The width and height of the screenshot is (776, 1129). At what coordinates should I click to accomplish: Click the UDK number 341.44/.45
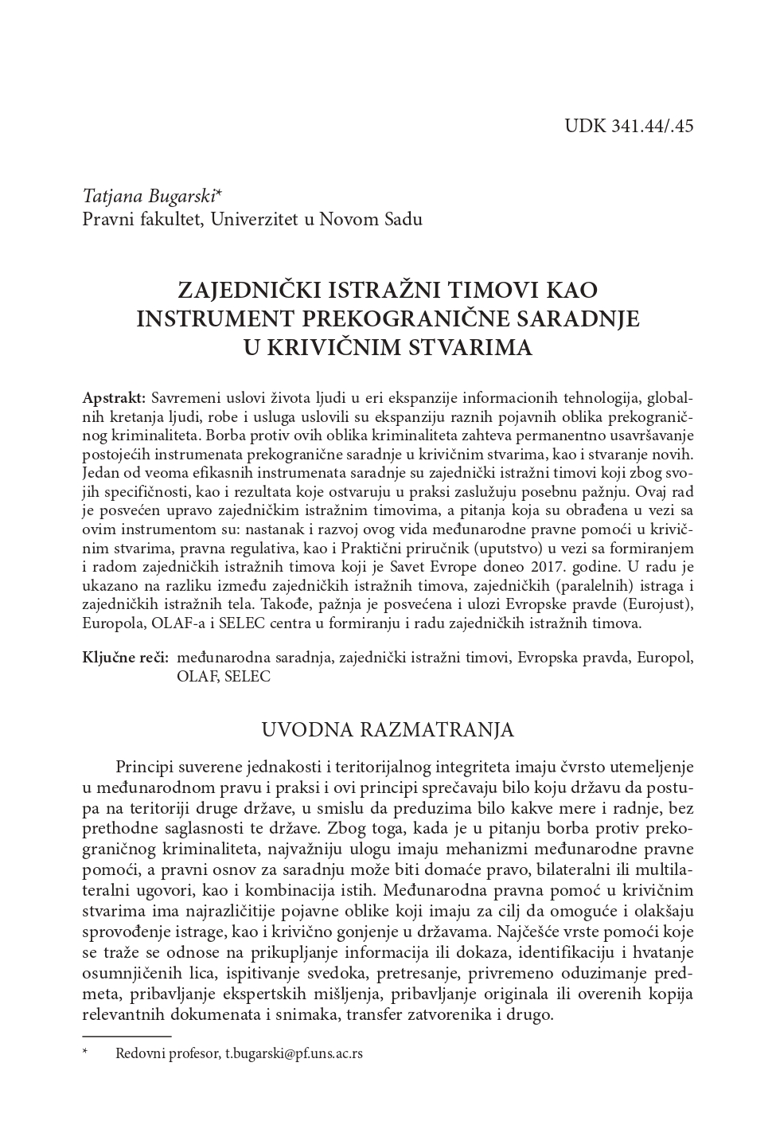pos(652,126)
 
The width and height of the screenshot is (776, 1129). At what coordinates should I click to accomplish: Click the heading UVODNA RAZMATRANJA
pos(388,729)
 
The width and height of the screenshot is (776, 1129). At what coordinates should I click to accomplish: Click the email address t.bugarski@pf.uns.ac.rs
pos(294,1053)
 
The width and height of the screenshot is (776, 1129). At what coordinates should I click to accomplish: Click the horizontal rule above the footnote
pos(127,1036)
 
